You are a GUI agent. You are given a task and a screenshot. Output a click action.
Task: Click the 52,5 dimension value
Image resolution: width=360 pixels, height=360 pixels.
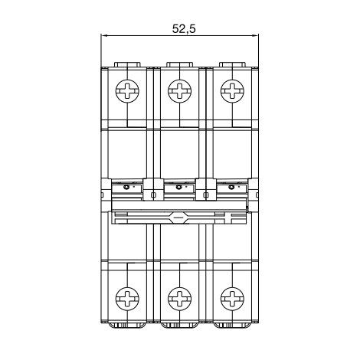click(184, 28)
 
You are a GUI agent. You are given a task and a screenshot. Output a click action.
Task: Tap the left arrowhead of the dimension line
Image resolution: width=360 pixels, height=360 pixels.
click(103, 36)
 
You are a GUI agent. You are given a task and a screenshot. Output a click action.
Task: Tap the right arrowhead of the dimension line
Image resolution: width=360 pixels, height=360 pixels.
click(256, 36)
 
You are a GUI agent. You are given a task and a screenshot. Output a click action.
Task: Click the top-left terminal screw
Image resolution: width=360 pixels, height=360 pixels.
click(127, 91)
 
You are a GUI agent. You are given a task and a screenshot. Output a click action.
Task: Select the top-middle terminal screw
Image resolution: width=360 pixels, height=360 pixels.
click(180, 91)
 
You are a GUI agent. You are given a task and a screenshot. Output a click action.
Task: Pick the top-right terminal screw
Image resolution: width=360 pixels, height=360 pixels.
click(232, 91)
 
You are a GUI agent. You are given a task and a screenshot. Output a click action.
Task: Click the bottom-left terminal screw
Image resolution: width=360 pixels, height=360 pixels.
click(127, 298)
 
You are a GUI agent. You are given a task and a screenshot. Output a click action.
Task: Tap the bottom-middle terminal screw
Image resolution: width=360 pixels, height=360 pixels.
click(180, 298)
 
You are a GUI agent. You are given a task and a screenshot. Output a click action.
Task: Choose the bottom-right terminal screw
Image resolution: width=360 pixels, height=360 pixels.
click(232, 298)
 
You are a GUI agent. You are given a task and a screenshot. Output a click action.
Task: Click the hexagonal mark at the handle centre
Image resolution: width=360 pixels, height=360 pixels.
click(178, 218)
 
